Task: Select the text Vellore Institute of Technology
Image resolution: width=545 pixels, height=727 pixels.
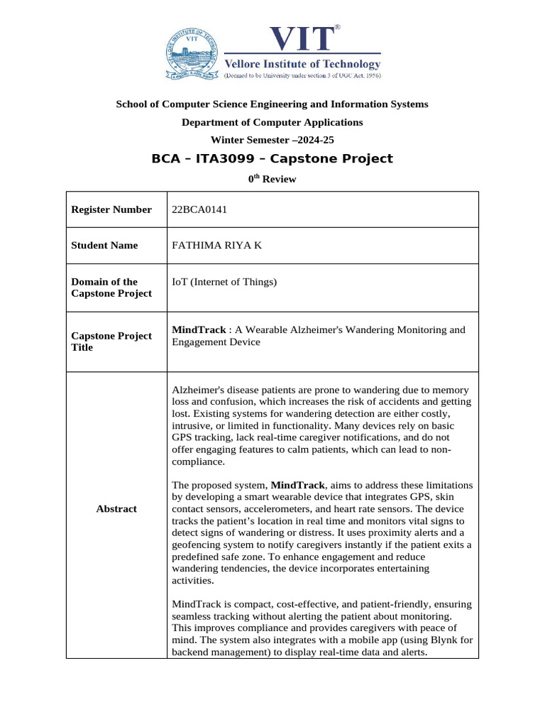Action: coord(303,63)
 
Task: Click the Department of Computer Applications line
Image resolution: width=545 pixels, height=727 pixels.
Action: coord(272,122)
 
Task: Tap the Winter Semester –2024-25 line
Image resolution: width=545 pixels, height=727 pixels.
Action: coord(272,140)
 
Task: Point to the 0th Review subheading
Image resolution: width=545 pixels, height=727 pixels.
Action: coord(272,180)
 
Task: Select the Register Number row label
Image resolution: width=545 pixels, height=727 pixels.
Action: coord(111,209)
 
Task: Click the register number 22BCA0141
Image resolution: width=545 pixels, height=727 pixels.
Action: coord(200,209)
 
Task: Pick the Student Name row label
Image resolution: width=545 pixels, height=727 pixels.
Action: coord(104,245)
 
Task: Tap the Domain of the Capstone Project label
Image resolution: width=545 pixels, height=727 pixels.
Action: coord(111,288)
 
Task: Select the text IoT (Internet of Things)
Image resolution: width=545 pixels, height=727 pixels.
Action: coord(224,282)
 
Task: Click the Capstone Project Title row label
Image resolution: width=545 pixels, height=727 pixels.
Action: coord(111,341)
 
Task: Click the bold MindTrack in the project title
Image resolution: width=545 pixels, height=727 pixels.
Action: coord(198,329)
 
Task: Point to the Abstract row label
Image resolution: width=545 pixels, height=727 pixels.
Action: coord(116,509)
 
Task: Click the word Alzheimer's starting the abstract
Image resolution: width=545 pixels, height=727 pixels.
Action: coord(200,390)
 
